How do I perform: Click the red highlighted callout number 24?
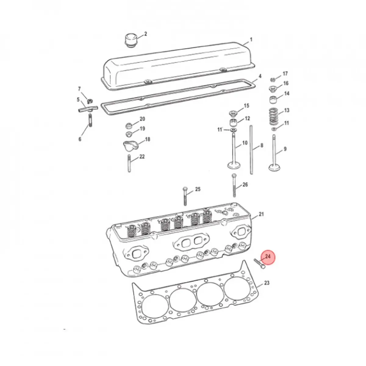(x=268, y=257)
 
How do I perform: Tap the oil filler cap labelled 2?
(x=130, y=41)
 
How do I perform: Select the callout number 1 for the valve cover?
(x=251, y=40)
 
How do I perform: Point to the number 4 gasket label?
(x=260, y=76)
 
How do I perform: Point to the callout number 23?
(x=267, y=283)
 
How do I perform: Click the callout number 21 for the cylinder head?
(x=261, y=214)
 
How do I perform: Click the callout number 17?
(x=285, y=74)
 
